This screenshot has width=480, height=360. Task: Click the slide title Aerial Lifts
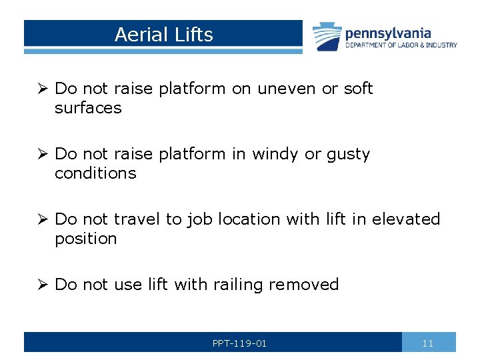click(x=163, y=35)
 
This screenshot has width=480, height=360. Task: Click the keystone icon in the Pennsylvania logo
click(x=326, y=37)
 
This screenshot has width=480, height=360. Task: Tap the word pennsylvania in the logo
click(x=387, y=33)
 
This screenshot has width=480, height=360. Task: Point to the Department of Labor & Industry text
click(x=401, y=45)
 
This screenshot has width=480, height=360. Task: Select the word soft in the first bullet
click(x=358, y=89)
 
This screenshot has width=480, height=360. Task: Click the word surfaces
click(x=88, y=108)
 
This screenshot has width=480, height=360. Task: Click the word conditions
click(x=95, y=173)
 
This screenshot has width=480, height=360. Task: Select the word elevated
click(x=406, y=219)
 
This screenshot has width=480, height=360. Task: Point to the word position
click(x=85, y=239)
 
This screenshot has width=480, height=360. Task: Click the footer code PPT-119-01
click(x=239, y=343)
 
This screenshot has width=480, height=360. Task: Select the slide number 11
click(x=428, y=343)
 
